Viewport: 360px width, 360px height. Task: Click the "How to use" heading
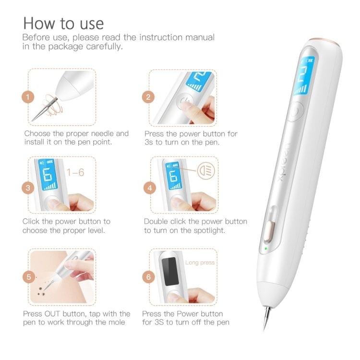click(63, 23)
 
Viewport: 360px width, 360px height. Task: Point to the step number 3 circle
click(28, 188)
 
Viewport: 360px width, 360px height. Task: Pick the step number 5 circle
click(28, 277)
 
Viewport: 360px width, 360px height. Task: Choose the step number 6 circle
click(149, 277)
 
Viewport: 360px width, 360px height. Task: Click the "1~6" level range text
click(75, 172)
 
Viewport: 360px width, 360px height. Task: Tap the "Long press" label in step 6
click(200, 263)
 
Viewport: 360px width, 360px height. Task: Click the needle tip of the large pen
click(264, 326)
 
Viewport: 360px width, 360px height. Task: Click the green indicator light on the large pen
click(264, 249)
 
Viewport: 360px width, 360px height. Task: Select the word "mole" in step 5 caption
click(115, 322)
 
